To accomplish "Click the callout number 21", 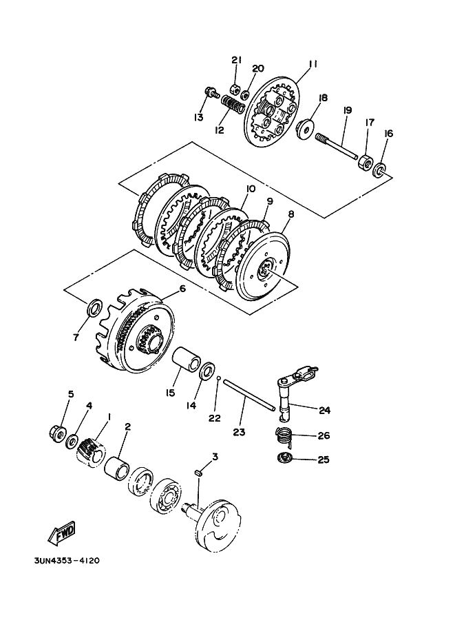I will coord(236,61).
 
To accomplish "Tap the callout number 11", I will coord(313,64).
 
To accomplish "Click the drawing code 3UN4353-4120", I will coord(66,561).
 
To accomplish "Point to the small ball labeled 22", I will coord(218,378).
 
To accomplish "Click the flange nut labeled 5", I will coord(59,434).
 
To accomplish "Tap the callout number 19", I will coord(347,110).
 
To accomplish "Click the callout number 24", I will coord(324,410).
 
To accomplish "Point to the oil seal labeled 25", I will coord(284,458).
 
